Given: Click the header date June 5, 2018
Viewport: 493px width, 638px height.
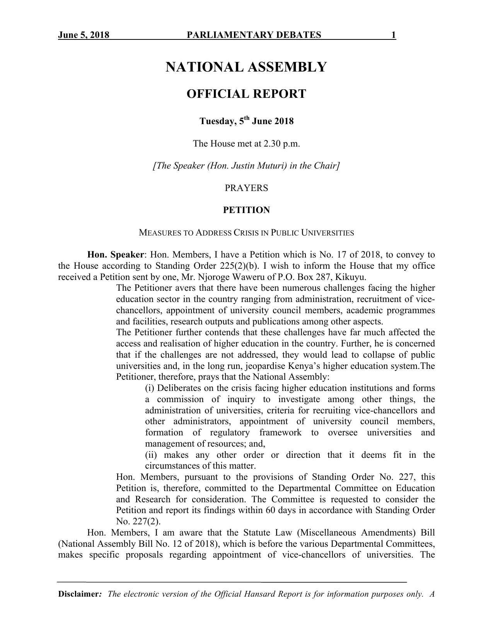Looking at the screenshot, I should [84, 35].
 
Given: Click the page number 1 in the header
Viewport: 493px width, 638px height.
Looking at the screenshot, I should [393, 35].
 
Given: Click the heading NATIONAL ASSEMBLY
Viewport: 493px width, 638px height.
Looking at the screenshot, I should [246, 67].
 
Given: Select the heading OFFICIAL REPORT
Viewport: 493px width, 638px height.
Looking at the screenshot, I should [246, 94].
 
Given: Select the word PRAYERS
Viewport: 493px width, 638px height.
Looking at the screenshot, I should [246, 188].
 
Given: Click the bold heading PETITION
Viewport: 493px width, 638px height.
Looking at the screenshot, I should [246, 210].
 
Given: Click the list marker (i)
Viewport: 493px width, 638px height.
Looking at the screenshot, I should [150, 388].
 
